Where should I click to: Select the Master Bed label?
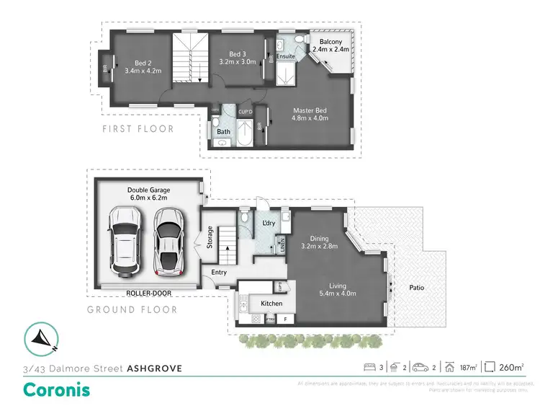310,111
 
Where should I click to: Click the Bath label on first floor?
223,131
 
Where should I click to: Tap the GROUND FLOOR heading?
132,310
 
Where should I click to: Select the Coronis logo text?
58,389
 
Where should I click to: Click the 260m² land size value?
512,367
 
